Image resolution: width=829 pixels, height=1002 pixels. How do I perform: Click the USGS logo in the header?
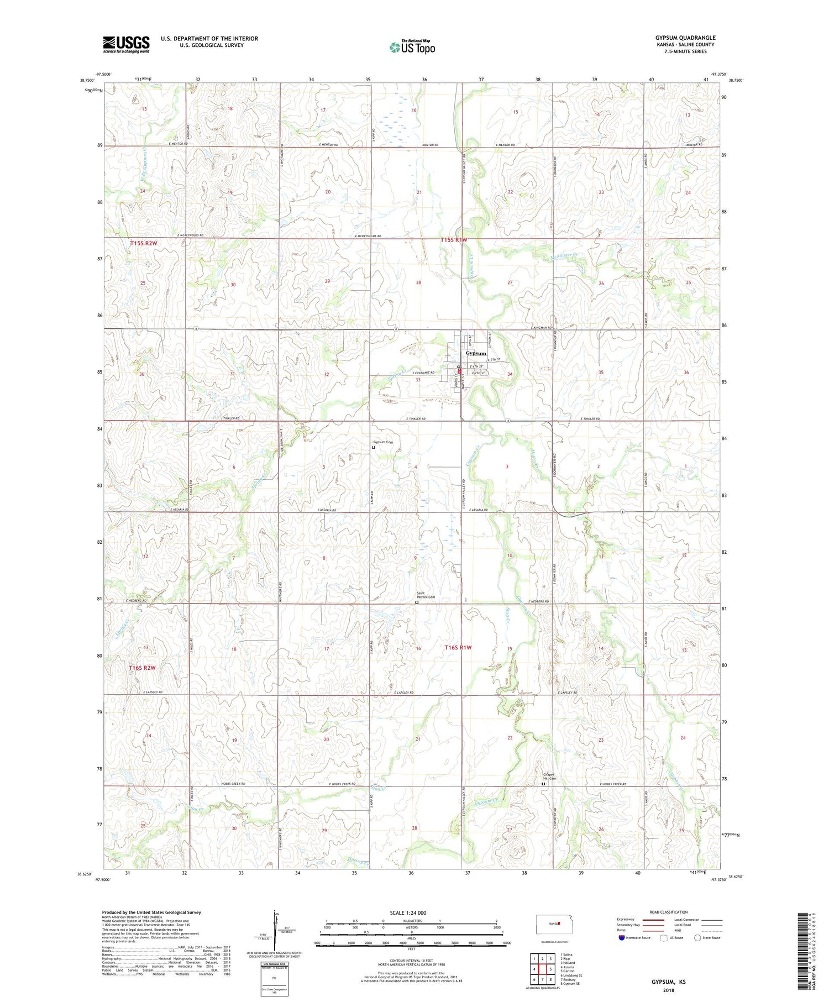pos(126,44)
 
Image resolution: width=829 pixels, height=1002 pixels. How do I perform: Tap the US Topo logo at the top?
pos(412,47)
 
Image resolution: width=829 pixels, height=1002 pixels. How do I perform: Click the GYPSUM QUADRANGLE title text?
pos(685,38)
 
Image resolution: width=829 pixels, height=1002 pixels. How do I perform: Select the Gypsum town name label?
pos(476,353)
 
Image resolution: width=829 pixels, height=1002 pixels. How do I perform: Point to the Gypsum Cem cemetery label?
pos(382,443)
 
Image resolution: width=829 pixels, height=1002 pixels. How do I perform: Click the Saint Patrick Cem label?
pos(426,596)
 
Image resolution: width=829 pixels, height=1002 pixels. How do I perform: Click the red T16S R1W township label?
pos(459,647)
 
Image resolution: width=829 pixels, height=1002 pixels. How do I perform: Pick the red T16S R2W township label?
pos(142,668)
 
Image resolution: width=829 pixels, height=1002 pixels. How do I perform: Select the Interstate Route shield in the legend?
pos(622,938)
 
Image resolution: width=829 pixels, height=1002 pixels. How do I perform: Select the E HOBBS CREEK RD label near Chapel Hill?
pos(613,784)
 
